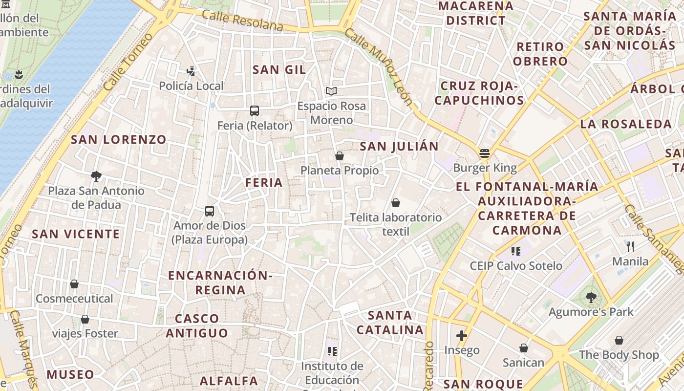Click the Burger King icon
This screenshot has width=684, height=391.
click(x=484, y=153)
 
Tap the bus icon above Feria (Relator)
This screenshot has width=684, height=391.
click(x=254, y=111)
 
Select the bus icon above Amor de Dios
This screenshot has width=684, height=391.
click(x=210, y=211)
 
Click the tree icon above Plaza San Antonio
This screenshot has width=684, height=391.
click(x=96, y=176)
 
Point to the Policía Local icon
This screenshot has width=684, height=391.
click(x=191, y=71)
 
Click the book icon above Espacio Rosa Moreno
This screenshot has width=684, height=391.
click(x=331, y=91)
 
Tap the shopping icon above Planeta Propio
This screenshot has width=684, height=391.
click(x=340, y=156)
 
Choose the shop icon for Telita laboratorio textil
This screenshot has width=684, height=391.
click(x=395, y=203)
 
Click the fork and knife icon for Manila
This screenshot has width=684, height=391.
click(x=630, y=247)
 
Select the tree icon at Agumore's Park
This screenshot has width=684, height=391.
click(x=591, y=297)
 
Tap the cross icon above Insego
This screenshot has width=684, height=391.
click(x=462, y=336)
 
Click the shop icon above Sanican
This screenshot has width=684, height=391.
click(x=523, y=348)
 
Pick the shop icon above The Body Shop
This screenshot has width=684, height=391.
click(x=619, y=340)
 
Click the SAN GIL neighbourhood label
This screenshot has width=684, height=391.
click(x=279, y=70)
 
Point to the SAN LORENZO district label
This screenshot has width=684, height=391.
click(x=119, y=140)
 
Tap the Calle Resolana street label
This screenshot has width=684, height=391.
click(x=242, y=21)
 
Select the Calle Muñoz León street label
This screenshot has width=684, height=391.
click(x=379, y=66)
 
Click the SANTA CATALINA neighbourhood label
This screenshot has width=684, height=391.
click(x=390, y=323)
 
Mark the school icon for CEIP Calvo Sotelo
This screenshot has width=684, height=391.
click(x=516, y=251)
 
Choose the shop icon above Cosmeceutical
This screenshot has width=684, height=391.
click(x=74, y=284)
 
